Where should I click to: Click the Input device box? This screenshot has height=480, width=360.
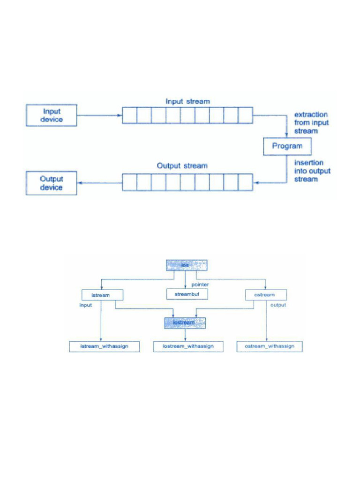(x=52, y=115)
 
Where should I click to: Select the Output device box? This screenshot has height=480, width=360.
(x=52, y=183)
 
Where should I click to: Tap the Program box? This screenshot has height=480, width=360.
(x=287, y=146)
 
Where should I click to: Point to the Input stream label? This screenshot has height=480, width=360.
(x=187, y=101)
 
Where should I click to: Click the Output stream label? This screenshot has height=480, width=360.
(x=182, y=166)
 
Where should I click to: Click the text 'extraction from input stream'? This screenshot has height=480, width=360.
(x=311, y=123)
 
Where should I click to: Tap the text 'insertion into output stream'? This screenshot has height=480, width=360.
(x=312, y=171)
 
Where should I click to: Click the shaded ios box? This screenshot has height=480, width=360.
(x=186, y=265)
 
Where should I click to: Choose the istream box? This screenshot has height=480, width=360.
(x=102, y=295)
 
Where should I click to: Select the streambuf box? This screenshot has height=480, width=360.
(x=187, y=294)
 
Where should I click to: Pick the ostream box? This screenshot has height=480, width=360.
(x=266, y=295)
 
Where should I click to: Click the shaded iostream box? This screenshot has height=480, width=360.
(x=186, y=322)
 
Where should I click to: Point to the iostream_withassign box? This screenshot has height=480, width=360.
(x=188, y=346)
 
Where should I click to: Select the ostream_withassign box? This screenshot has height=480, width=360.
(x=270, y=346)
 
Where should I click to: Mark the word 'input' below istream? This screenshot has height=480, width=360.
(x=85, y=305)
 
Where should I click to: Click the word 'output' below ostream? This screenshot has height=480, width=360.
(x=278, y=305)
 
